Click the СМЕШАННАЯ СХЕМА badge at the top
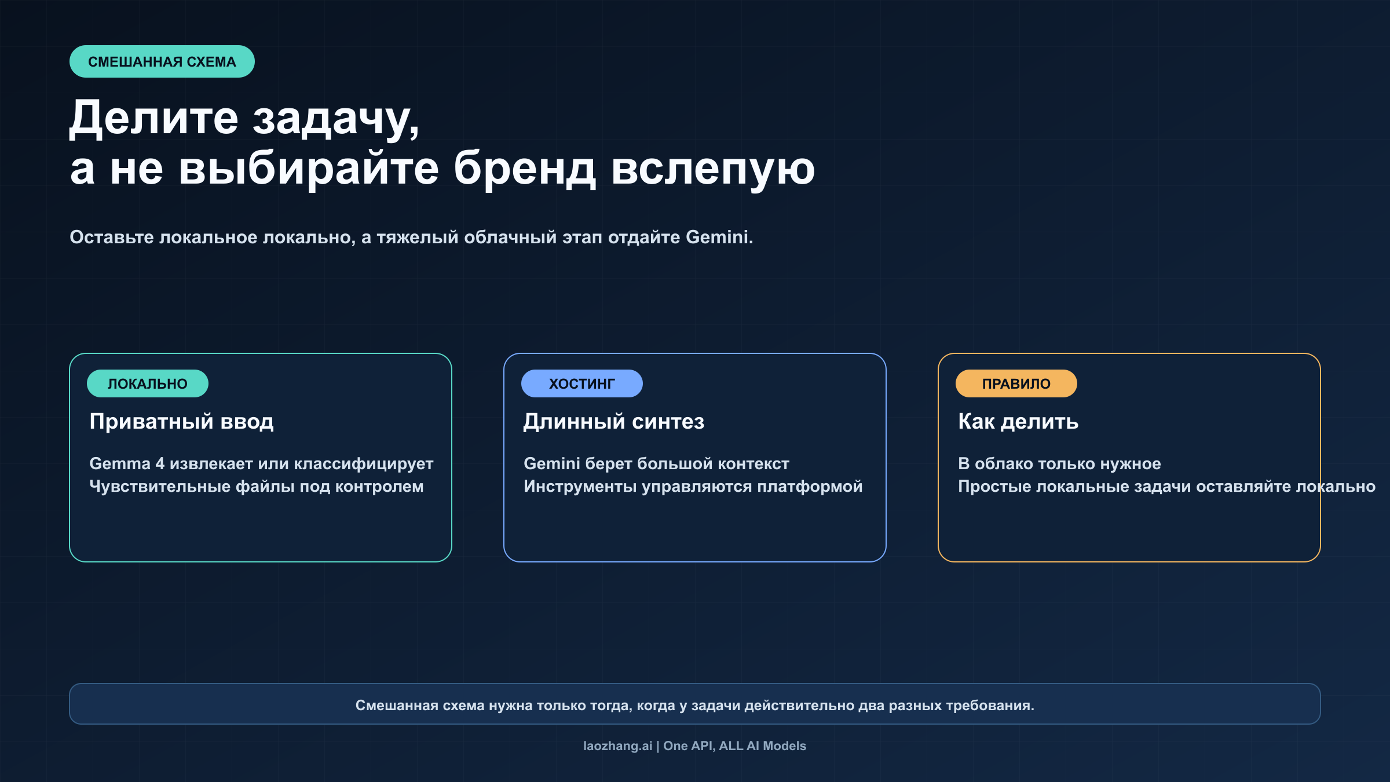click(x=162, y=61)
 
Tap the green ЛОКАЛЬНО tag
click(x=147, y=383)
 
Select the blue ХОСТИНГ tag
click(x=581, y=383)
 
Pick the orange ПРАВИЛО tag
click(x=1016, y=383)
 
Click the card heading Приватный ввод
click(x=181, y=421)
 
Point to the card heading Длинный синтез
click(x=614, y=421)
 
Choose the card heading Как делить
click(x=1018, y=421)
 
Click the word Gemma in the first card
click(x=119, y=463)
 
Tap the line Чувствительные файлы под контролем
click(x=256, y=487)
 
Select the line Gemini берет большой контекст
click(x=656, y=463)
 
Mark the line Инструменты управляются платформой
click(x=693, y=487)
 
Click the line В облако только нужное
click(x=1059, y=463)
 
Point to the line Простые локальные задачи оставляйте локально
click(x=1166, y=487)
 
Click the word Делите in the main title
click(x=153, y=118)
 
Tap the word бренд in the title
click(x=524, y=169)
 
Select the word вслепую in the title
click(x=713, y=169)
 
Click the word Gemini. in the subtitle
click(x=719, y=237)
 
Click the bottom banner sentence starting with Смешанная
click(x=694, y=705)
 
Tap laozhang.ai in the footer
click(x=617, y=746)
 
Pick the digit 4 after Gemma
click(x=160, y=463)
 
